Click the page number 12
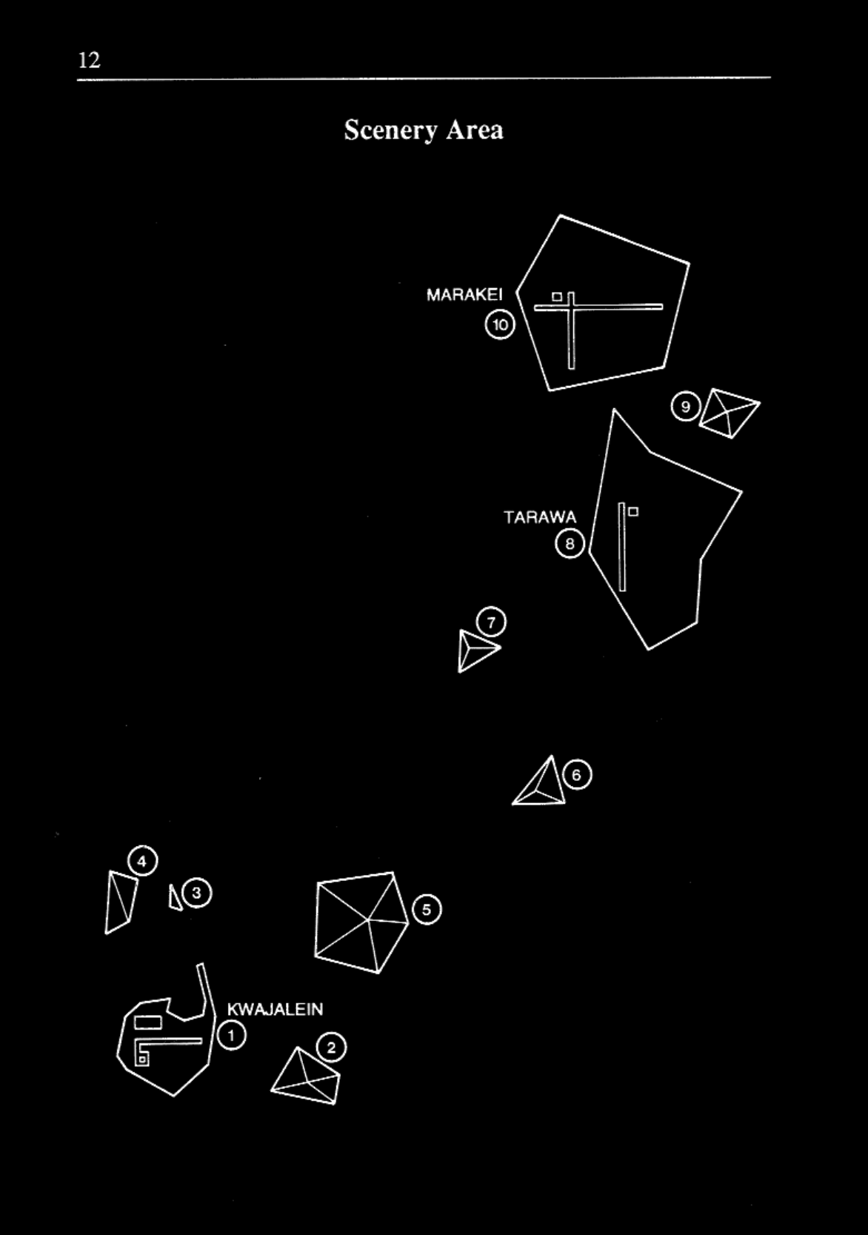89,60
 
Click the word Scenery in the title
390,130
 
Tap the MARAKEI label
464,295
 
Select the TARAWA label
539,517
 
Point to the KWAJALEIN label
275,1009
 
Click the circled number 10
501,324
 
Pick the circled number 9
685,406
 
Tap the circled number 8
570,545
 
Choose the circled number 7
492,622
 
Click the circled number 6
578,775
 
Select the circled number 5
427,910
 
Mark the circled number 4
143,862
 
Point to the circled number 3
197,893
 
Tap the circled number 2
331,1048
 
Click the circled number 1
232,1035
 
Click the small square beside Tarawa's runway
633,511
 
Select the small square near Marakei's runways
557,297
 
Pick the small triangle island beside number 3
175,898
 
